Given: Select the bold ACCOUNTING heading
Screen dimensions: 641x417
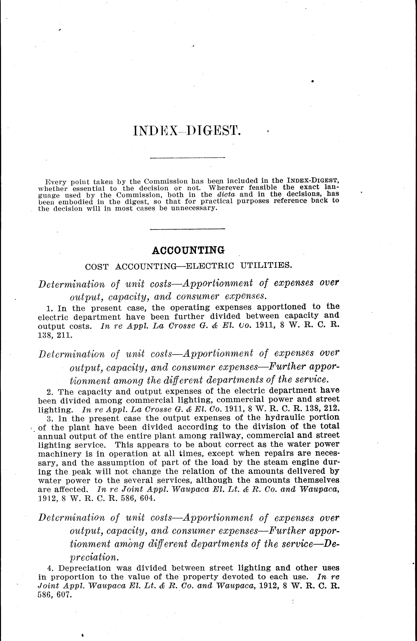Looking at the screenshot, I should [x=188, y=251].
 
